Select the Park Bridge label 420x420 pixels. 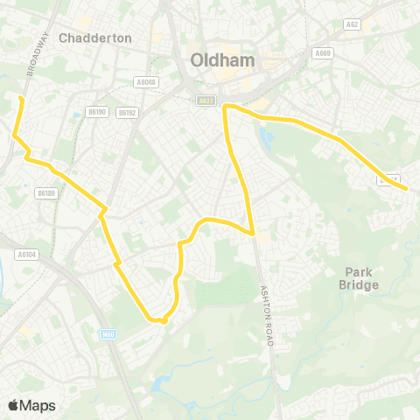360,278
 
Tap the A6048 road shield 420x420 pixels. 145,82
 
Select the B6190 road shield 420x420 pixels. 96,111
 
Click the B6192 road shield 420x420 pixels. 127,112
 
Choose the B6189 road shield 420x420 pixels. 46,192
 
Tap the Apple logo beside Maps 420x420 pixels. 13,405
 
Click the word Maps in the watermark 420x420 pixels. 38,405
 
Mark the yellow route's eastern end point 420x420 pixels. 407,186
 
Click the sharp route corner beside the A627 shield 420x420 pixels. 226,107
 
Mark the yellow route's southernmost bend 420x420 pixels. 164,321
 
